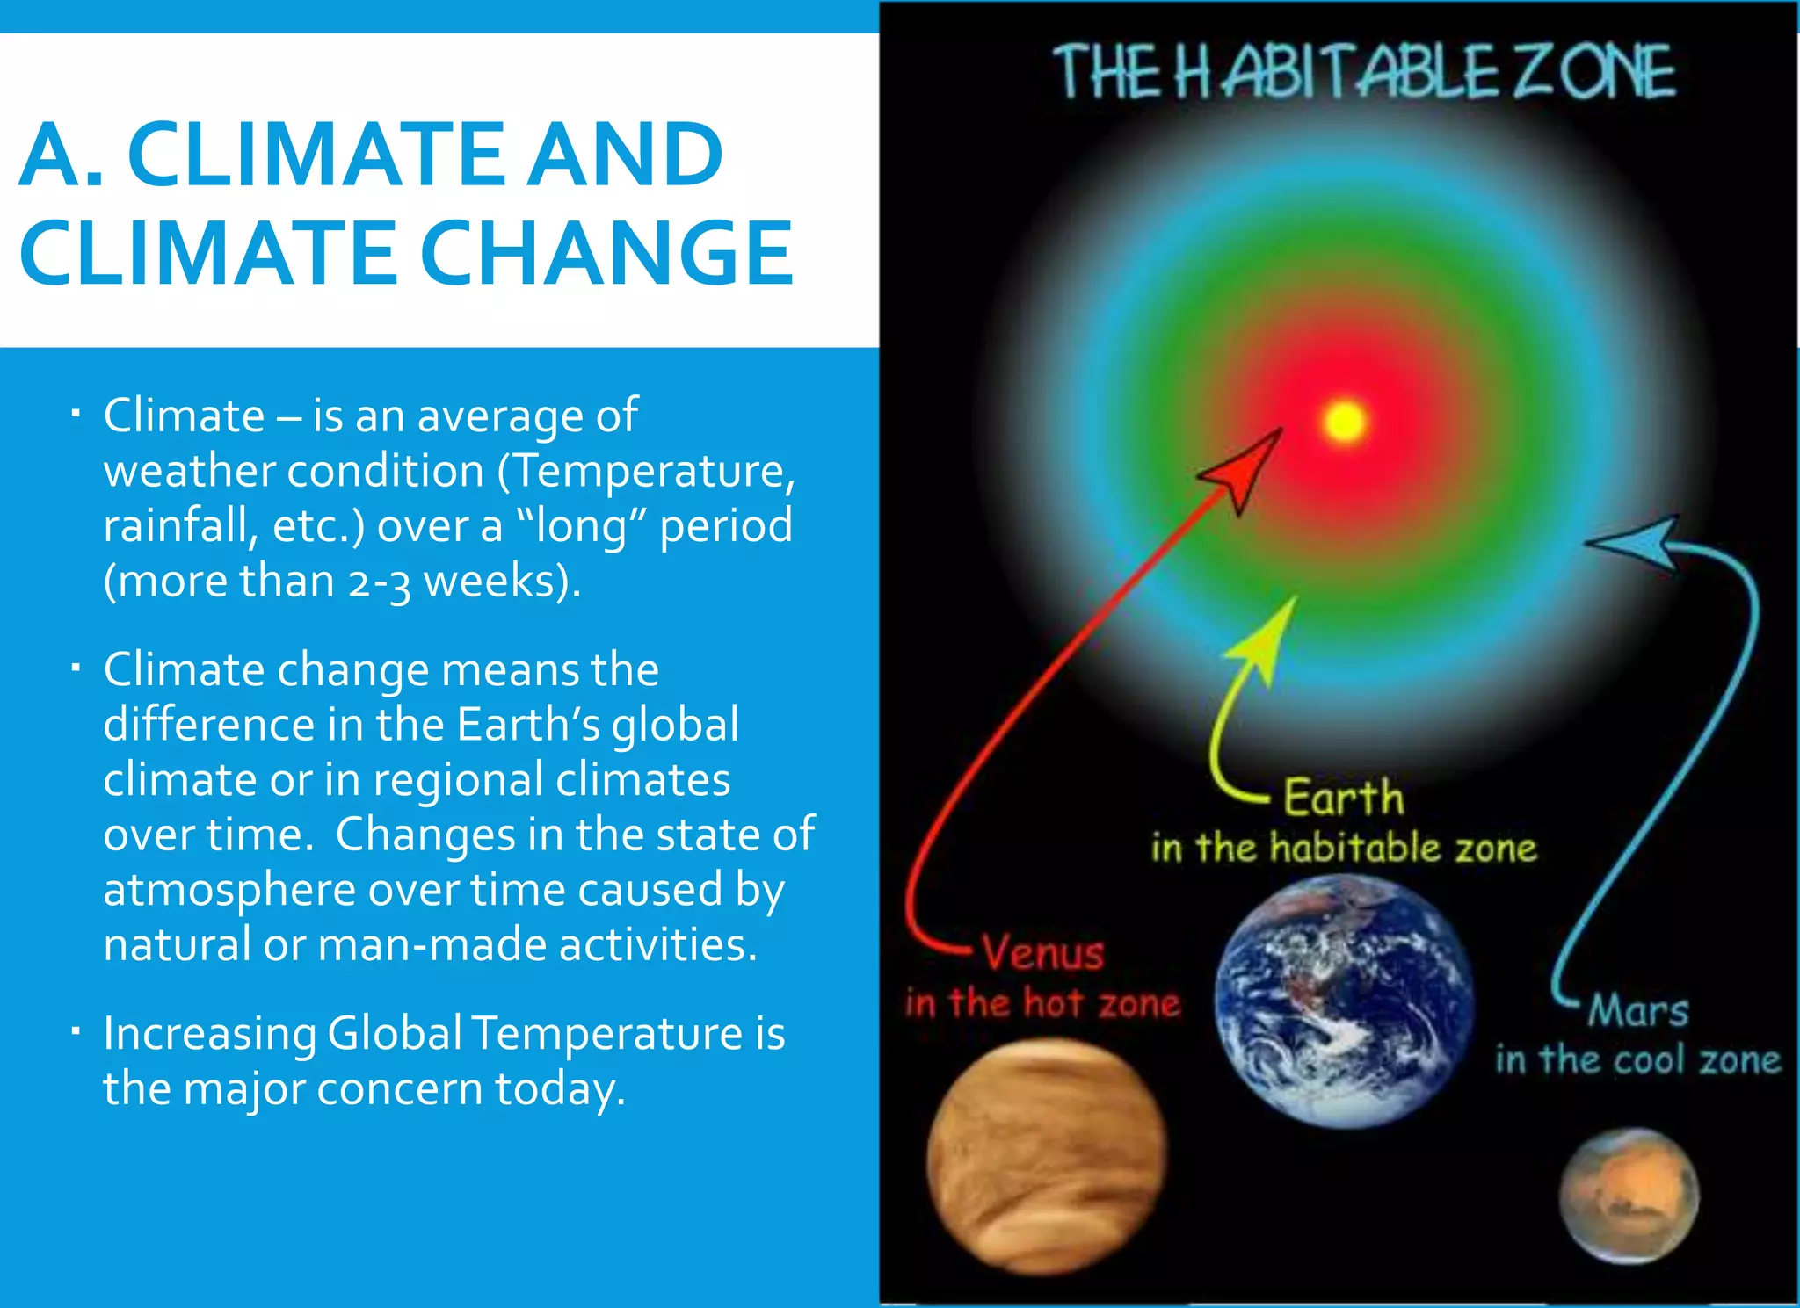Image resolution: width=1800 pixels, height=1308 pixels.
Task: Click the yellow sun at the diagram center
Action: pyautogui.click(x=1344, y=421)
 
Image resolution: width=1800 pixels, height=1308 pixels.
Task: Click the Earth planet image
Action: pyautogui.click(x=1344, y=1001)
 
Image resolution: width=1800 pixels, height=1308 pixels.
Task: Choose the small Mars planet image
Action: pyautogui.click(x=1629, y=1196)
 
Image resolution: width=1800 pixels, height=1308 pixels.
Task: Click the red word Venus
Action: pyautogui.click(x=1043, y=953)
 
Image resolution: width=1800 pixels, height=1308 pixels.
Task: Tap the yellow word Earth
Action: pyautogui.click(x=1344, y=798)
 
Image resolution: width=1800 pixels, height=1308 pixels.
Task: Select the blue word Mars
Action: pyautogui.click(x=1638, y=1010)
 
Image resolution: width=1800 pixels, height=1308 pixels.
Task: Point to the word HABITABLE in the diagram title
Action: pyautogui.click(x=1335, y=72)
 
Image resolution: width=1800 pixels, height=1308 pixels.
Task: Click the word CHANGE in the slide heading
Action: pyautogui.click(x=607, y=253)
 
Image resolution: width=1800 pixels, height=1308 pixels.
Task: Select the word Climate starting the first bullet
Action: pyautogui.click(x=184, y=416)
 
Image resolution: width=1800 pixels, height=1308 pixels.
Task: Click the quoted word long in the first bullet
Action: pyautogui.click(x=580, y=525)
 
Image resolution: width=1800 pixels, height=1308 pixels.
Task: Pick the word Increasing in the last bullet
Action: pyautogui.click(x=209, y=1033)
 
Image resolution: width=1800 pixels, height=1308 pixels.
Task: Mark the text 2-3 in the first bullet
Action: pyautogui.click(x=380, y=582)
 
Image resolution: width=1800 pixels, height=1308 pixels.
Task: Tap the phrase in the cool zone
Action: pyautogui.click(x=1638, y=1060)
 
